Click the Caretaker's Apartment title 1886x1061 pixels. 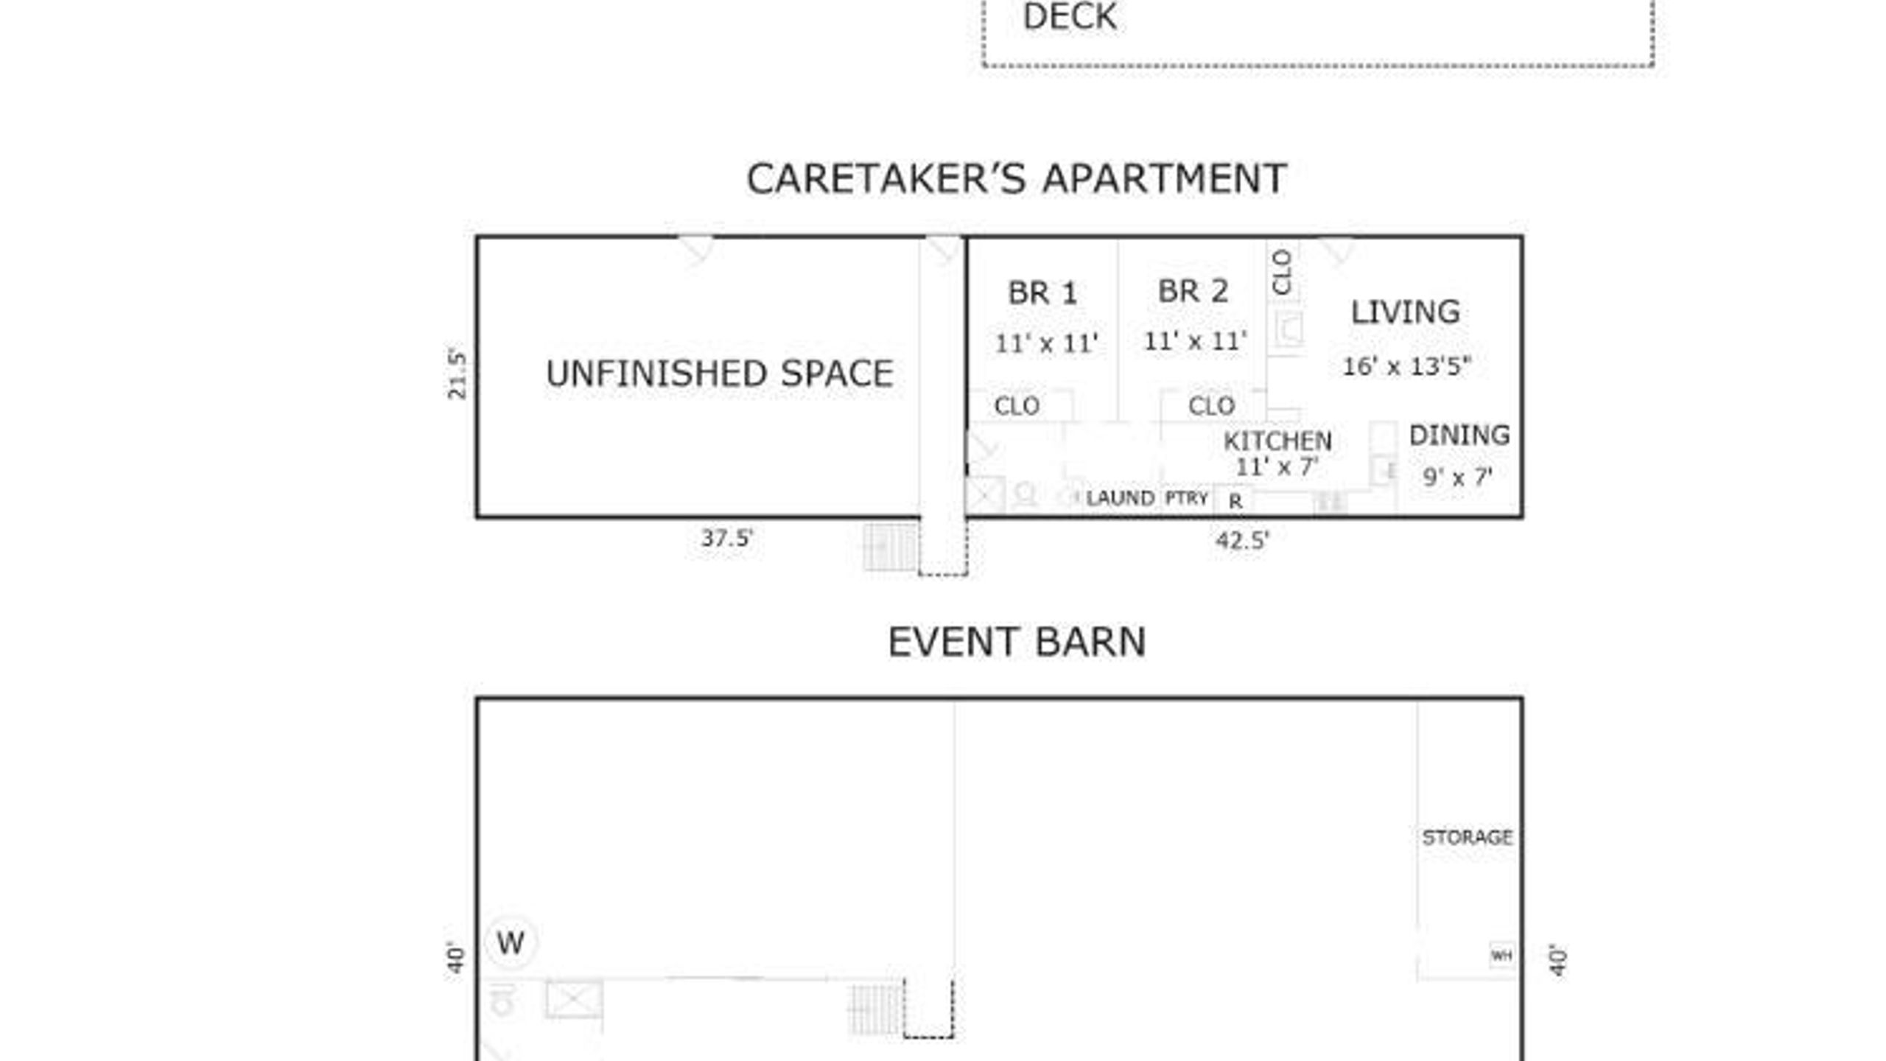coord(1017,179)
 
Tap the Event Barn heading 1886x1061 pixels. coord(1017,642)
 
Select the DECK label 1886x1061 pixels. coord(1070,18)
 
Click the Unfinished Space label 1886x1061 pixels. coord(720,374)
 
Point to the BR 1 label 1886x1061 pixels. coord(1042,293)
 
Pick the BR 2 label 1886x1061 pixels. coord(1193,291)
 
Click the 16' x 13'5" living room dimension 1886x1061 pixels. coord(1406,366)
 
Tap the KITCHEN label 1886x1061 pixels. coord(1277,441)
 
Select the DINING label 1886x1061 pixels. coord(1459,435)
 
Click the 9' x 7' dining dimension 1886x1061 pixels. coord(1457,477)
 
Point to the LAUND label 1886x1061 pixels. coord(1120,499)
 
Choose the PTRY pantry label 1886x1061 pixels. coord(1187,499)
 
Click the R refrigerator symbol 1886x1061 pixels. coord(1235,502)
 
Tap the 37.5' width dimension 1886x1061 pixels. coord(726,539)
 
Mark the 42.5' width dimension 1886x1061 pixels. coord(1242,541)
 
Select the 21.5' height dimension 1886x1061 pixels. coord(458,375)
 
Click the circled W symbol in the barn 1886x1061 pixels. coord(511,943)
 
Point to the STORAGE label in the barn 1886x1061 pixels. coord(1467,838)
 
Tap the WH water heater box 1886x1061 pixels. coord(1501,956)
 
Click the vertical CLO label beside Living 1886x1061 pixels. coord(1283,272)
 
